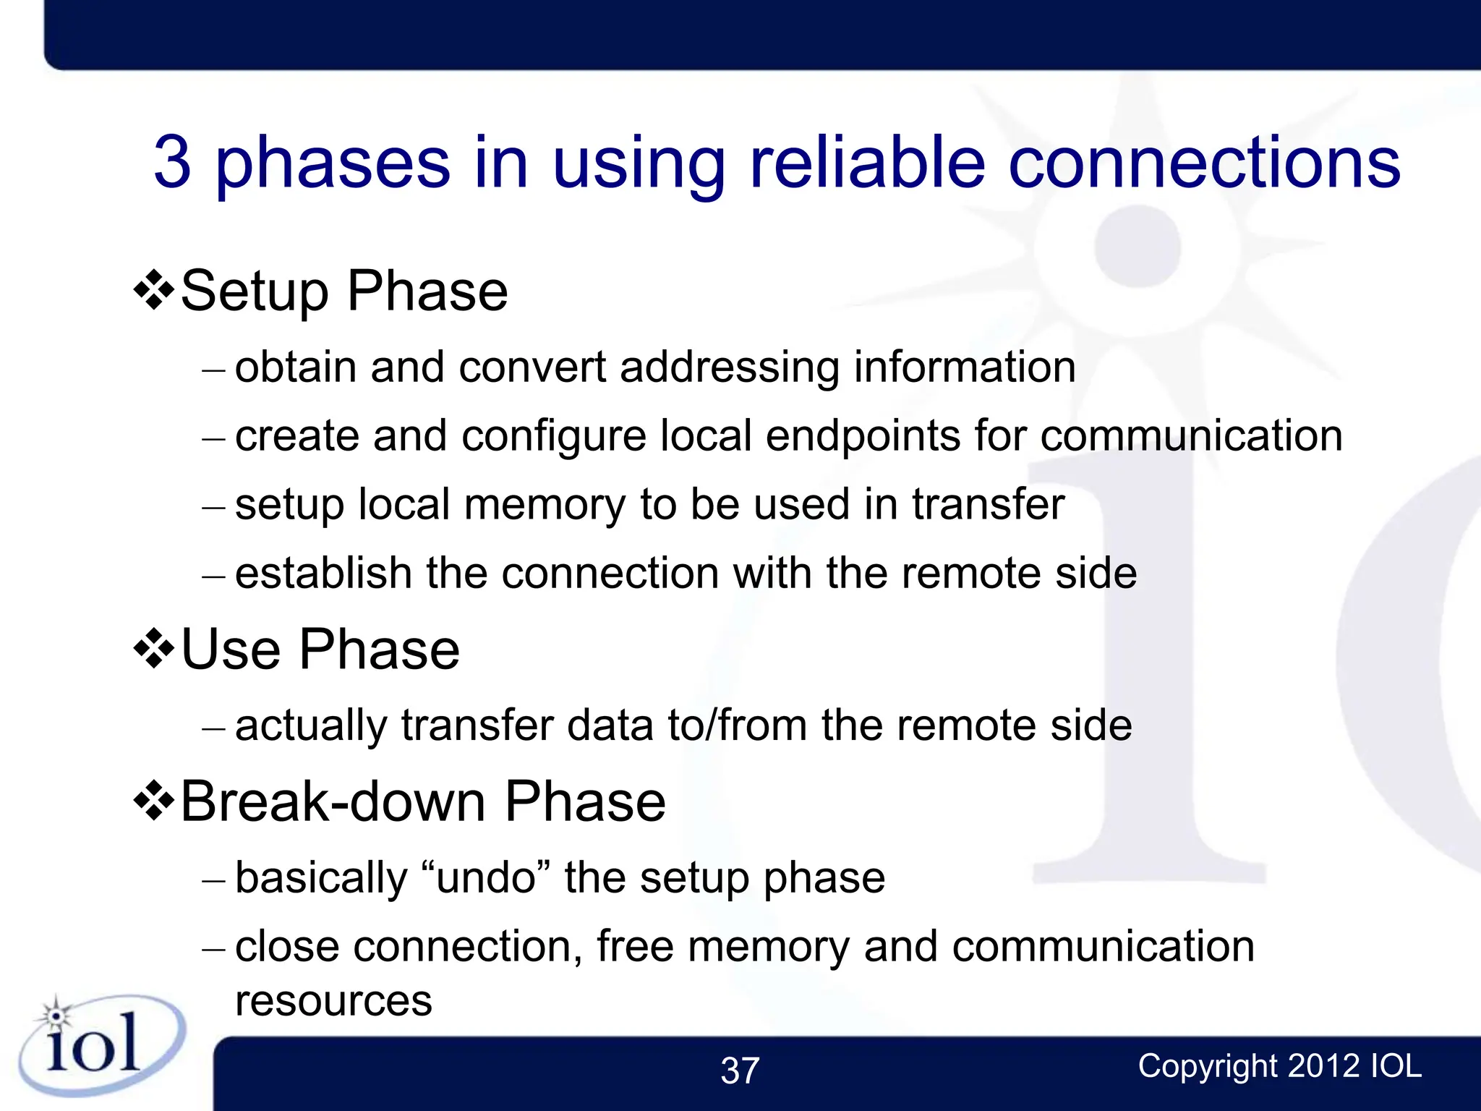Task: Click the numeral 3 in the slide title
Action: [173, 162]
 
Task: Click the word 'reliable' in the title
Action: [868, 162]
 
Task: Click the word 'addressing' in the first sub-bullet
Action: [730, 367]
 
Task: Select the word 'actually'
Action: [311, 725]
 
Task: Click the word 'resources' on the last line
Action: [333, 1002]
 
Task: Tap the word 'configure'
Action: [554, 436]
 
